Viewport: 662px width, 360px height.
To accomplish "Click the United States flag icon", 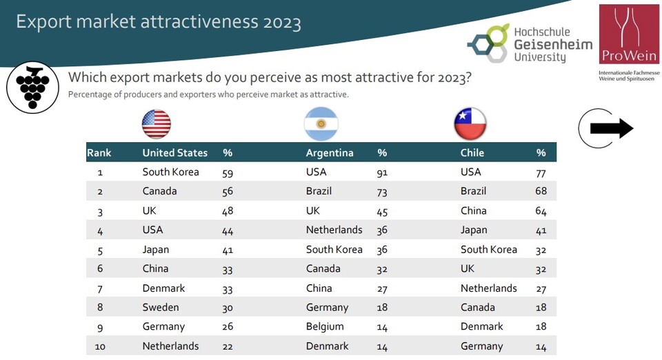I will click(x=157, y=124).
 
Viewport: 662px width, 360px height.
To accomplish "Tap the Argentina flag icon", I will click(x=321, y=124).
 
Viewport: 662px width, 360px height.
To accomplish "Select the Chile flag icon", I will click(x=470, y=124).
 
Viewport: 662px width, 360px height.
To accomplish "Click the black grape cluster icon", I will click(x=32, y=88).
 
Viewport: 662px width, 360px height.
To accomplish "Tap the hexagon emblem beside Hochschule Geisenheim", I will click(x=488, y=42).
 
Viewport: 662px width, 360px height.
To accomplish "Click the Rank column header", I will click(x=99, y=152).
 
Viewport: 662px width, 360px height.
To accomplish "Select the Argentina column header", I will click(x=330, y=152).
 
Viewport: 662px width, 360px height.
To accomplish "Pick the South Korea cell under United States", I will click(x=170, y=172).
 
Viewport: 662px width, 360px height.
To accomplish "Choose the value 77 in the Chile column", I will click(x=541, y=172).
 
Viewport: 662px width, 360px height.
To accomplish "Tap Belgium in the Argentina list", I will click(x=326, y=326).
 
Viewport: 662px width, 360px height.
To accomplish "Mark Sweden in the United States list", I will click(x=161, y=307).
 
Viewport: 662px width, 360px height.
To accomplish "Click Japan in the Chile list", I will click(x=474, y=230).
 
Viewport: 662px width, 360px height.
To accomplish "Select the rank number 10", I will click(x=100, y=346).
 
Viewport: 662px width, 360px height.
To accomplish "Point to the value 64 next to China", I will click(x=541, y=211).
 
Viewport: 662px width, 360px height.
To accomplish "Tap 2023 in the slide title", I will click(x=281, y=22).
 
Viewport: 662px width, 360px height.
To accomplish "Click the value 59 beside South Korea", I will click(x=228, y=172).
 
